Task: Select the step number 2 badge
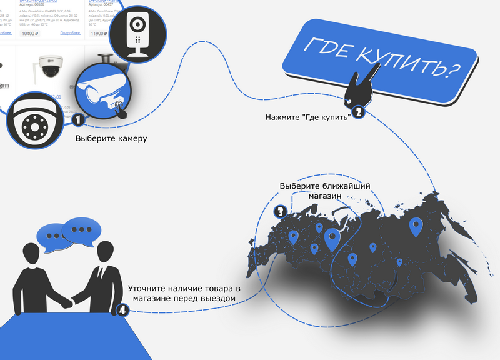tap(358, 112)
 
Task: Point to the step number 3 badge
tap(281, 212)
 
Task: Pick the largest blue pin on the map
tap(331, 239)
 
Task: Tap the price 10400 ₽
tap(31, 34)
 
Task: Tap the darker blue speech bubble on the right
tap(81, 229)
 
